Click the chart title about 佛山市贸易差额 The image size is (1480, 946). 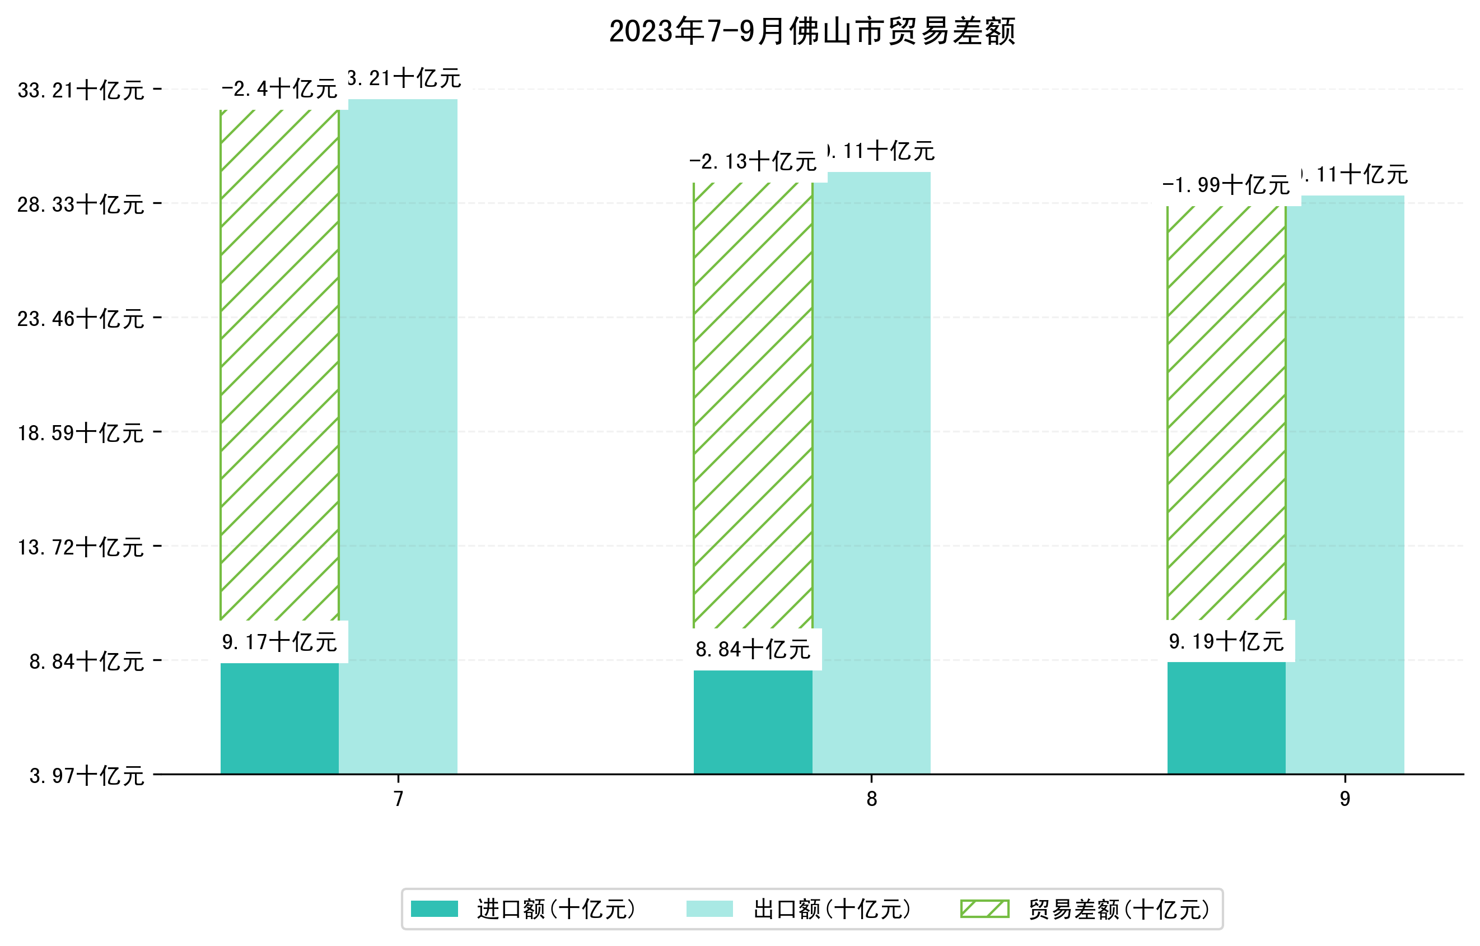click(811, 31)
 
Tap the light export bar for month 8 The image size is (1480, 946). click(871, 473)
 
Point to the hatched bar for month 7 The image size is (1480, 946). click(279, 365)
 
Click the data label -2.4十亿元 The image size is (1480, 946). click(279, 89)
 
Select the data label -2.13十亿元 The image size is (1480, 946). click(753, 162)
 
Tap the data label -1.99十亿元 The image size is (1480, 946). click(1226, 185)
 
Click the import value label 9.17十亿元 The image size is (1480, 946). click(279, 642)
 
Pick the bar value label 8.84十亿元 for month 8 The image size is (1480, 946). click(753, 650)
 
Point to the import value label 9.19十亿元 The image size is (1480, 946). click(1226, 642)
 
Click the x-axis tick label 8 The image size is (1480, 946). click(871, 799)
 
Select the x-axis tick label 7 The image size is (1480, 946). click(398, 799)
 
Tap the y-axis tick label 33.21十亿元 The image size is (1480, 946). click(81, 90)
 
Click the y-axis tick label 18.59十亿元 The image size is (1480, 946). click(81, 433)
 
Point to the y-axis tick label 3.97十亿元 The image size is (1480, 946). click(87, 776)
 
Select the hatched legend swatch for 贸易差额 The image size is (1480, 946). click(984, 908)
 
